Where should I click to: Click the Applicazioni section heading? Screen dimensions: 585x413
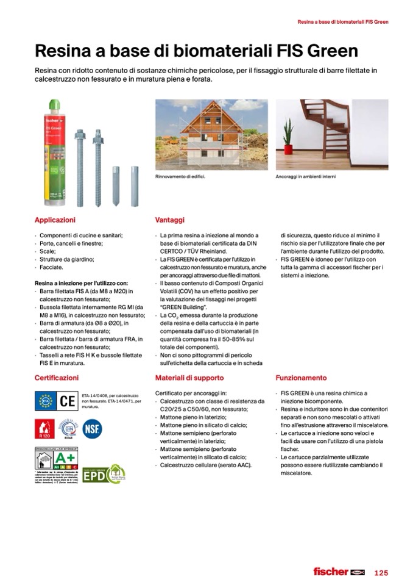(55, 220)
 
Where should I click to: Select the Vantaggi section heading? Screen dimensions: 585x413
(170, 220)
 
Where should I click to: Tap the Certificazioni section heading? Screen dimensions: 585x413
(57, 378)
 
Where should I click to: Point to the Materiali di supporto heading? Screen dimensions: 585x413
(189, 378)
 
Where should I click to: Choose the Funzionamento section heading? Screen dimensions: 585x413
(301, 378)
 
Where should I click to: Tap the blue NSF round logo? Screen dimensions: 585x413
(92, 429)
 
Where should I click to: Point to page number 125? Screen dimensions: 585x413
(381, 572)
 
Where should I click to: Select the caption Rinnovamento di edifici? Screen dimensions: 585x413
(180, 177)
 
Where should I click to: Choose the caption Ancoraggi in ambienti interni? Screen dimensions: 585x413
(306, 177)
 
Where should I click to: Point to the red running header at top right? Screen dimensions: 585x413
(342, 22)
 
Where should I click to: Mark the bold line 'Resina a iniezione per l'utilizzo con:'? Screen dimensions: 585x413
(81, 283)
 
